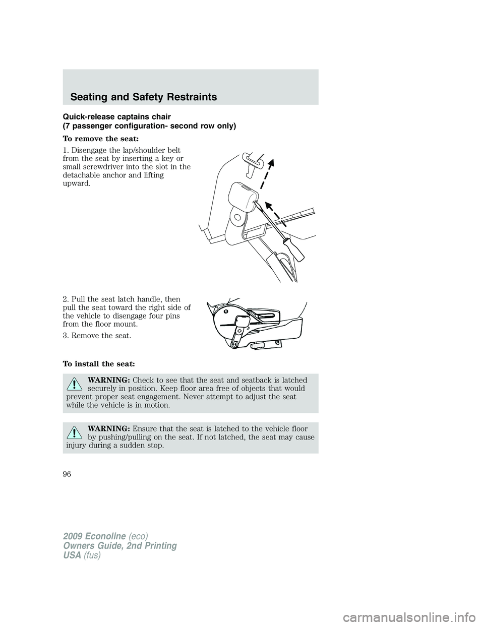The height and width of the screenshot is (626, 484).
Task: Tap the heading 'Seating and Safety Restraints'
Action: click(x=145, y=97)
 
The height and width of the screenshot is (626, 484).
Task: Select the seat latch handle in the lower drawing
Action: click(x=268, y=316)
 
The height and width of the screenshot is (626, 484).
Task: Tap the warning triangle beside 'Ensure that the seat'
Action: click(x=74, y=433)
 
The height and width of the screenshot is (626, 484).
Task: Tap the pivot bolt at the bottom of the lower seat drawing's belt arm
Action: click(x=233, y=345)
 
